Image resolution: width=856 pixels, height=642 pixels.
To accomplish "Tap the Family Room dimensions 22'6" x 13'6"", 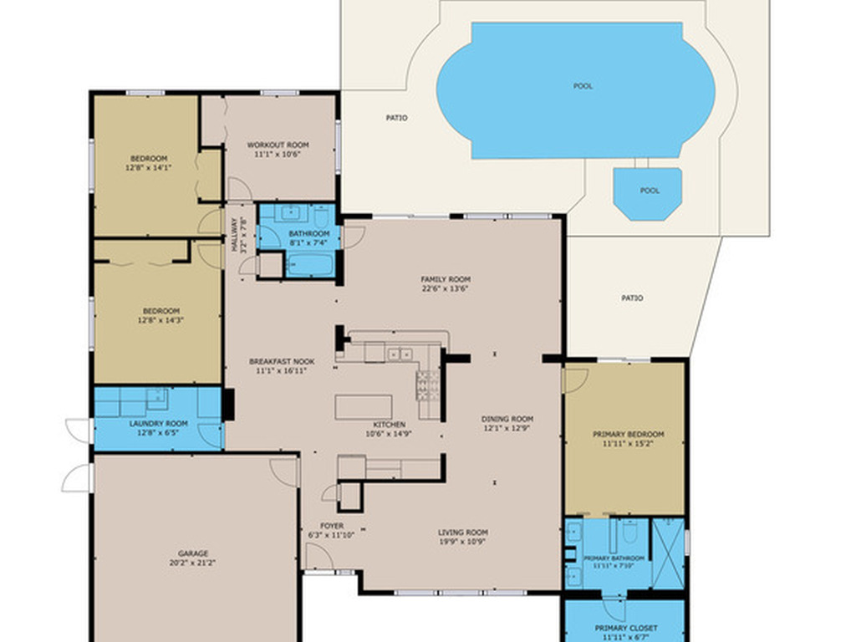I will (x=446, y=289).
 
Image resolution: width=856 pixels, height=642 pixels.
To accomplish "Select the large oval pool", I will (x=575, y=90).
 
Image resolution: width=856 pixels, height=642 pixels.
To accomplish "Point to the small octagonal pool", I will (x=649, y=192).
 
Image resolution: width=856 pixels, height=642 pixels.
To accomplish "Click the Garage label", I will (x=193, y=553).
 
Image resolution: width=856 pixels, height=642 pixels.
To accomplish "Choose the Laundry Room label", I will (x=158, y=424).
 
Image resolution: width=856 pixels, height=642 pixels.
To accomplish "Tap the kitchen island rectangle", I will (x=363, y=407).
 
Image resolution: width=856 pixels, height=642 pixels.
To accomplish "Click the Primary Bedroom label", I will (x=628, y=435).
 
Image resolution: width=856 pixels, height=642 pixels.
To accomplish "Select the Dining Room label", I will (x=507, y=419).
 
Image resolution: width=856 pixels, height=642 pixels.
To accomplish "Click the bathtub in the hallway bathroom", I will (x=310, y=266).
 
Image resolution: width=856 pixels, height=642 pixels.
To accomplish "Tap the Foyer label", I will (x=332, y=526).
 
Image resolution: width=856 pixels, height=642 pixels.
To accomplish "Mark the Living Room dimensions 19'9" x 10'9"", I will (x=463, y=542).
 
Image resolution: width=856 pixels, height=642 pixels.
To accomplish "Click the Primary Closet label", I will (x=625, y=628).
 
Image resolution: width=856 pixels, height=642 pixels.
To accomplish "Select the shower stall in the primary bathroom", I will (x=667, y=553).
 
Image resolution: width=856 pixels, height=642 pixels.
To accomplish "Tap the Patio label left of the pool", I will (x=396, y=118).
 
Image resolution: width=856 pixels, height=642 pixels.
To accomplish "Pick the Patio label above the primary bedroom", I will (x=632, y=298).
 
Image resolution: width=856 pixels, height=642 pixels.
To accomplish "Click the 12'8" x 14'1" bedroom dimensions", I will (x=148, y=168).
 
